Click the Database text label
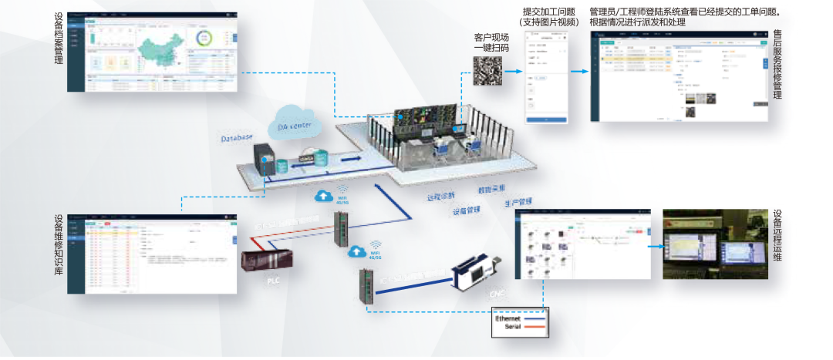[x=237, y=138]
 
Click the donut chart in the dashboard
[x=206, y=38]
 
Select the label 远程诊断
[x=441, y=195]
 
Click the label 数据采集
[x=491, y=188]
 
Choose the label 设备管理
[x=467, y=210]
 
